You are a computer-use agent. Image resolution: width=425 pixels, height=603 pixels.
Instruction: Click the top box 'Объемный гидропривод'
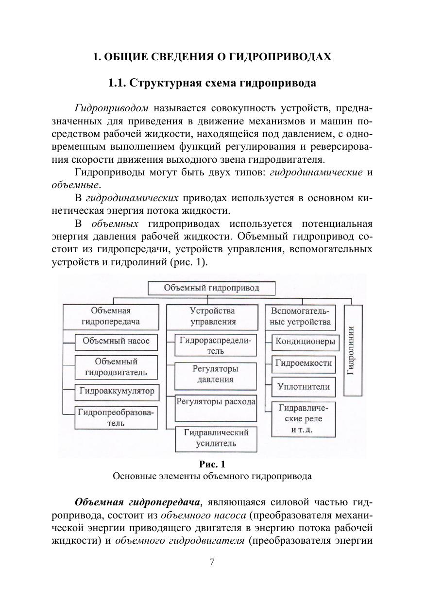(x=211, y=288)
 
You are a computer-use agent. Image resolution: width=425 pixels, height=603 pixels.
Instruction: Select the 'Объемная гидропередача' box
(x=111, y=316)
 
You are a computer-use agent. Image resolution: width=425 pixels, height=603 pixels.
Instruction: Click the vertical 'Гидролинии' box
(x=353, y=350)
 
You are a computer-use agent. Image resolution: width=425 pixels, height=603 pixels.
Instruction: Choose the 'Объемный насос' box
(x=116, y=341)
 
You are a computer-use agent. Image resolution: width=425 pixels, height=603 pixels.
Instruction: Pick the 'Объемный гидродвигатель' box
(x=116, y=367)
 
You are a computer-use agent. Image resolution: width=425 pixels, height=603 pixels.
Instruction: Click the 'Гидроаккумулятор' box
(x=117, y=391)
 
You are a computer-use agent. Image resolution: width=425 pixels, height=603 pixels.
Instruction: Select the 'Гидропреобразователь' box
(x=116, y=417)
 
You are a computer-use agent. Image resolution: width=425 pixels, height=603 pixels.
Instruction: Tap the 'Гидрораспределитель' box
(x=216, y=345)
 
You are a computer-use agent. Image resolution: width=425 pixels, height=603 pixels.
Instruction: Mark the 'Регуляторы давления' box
(x=216, y=374)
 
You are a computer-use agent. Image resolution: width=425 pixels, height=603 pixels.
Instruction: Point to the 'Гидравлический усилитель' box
(x=216, y=438)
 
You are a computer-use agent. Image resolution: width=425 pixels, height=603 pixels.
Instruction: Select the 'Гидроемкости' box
(x=304, y=363)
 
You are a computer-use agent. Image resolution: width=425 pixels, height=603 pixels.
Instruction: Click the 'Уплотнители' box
(x=304, y=387)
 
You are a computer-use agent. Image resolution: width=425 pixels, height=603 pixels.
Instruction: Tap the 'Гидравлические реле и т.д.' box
(x=304, y=418)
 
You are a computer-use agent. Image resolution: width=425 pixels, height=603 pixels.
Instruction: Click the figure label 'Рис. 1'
(x=212, y=464)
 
